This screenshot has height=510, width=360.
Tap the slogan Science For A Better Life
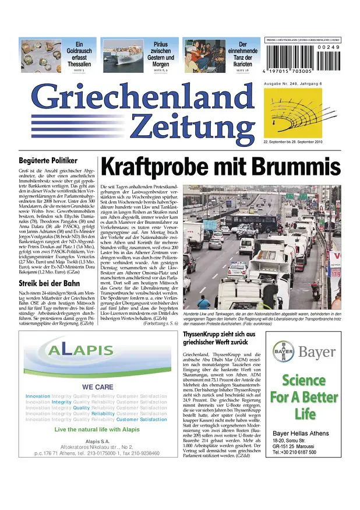coord(303,397)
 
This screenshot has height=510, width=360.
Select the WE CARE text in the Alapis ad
coord(97,387)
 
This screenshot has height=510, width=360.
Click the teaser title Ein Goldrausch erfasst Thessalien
coord(80,54)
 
